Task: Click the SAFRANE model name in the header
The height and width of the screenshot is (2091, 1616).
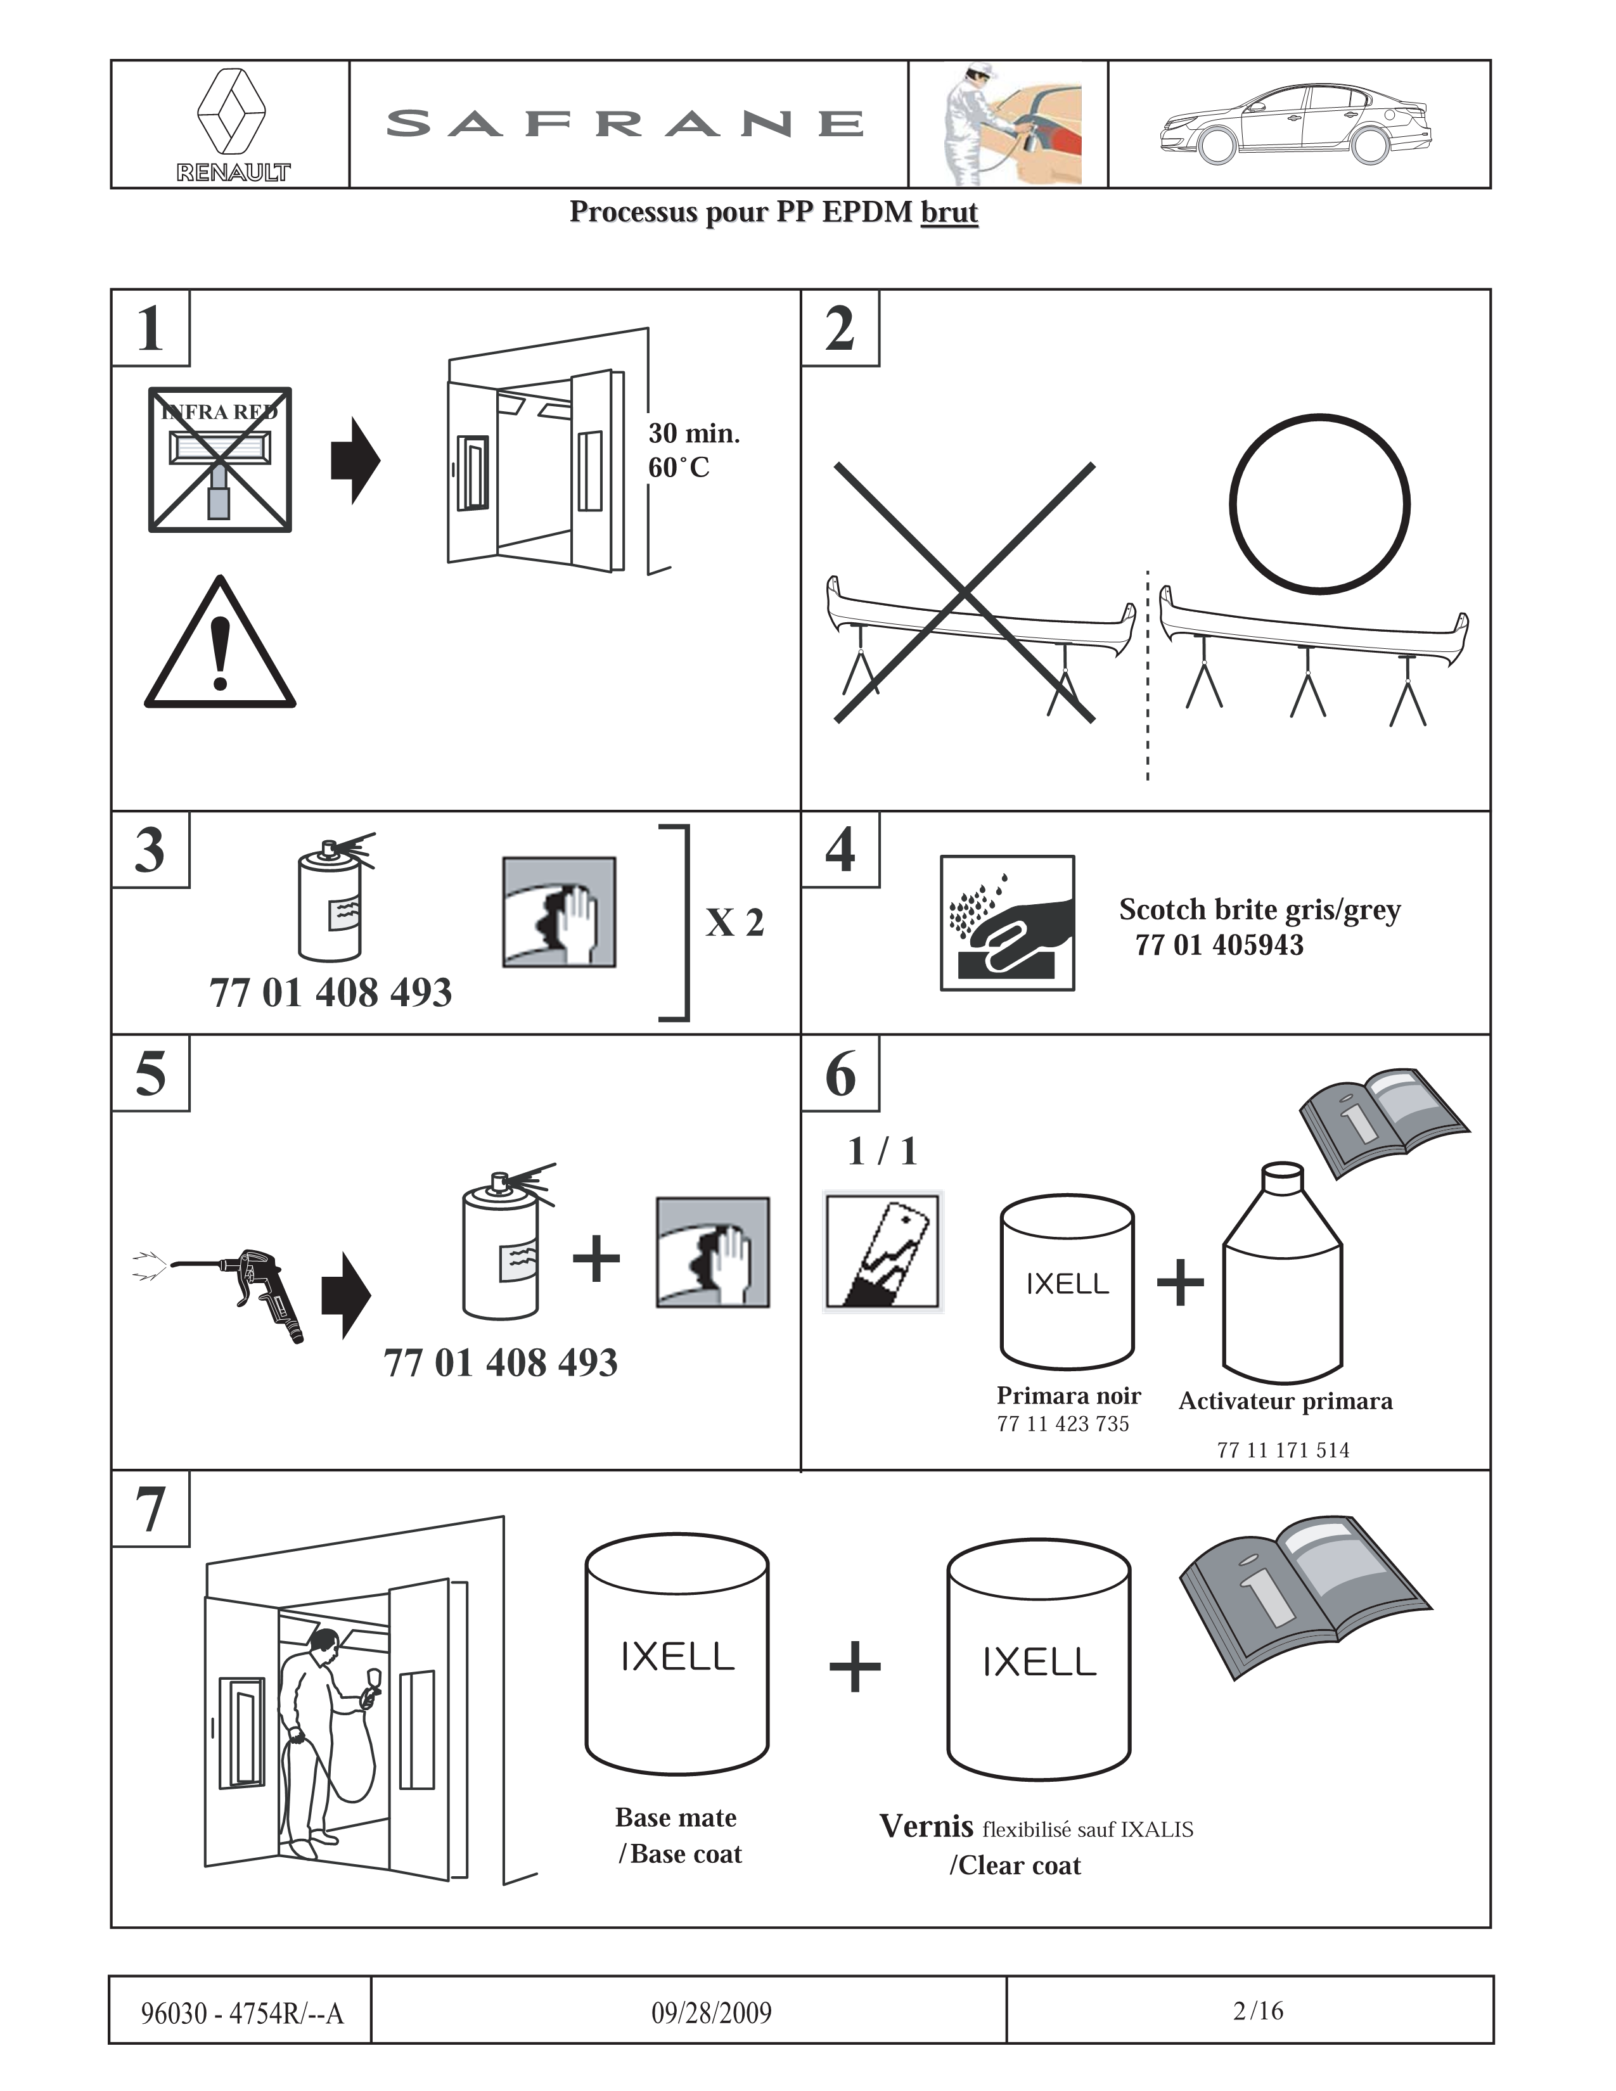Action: (626, 124)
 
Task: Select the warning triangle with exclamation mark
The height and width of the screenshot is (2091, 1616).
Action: (220, 643)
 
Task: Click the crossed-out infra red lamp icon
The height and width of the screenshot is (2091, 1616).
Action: (220, 459)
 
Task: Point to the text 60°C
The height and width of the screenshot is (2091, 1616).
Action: (679, 468)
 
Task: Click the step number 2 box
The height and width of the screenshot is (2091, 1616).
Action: (840, 328)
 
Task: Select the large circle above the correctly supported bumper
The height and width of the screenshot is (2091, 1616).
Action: (1319, 504)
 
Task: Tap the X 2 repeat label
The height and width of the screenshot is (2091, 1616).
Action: (734, 923)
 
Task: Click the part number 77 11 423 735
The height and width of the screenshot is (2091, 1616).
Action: (1063, 1424)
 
